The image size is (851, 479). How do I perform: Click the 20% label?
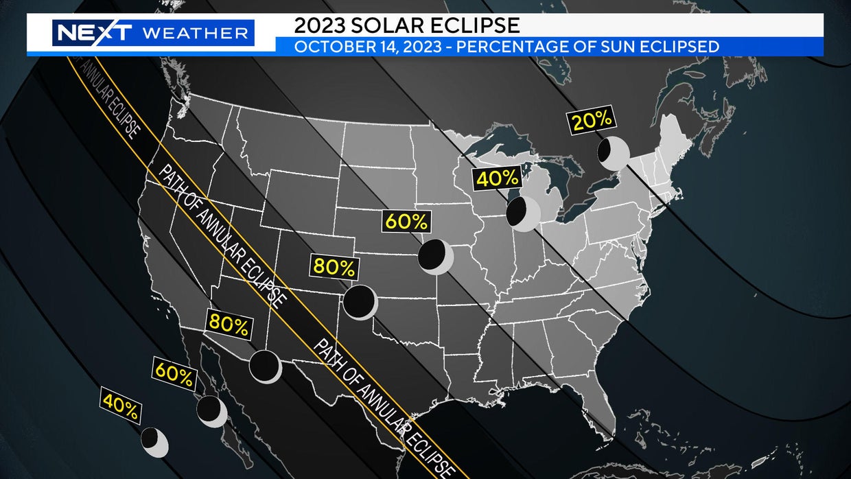pos(592,120)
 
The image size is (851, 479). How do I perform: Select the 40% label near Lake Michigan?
pos(497,178)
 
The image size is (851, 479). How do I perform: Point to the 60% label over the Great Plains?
pos(406,222)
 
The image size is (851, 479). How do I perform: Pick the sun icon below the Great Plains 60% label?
pos(435,256)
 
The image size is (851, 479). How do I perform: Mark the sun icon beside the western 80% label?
pos(264,366)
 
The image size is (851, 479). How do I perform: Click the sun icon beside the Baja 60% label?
pos(211,410)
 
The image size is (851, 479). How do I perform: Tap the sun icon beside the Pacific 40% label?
pos(154,441)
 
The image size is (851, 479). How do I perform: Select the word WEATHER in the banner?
pos(194,32)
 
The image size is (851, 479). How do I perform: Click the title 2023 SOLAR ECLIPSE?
pos(406,25)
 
